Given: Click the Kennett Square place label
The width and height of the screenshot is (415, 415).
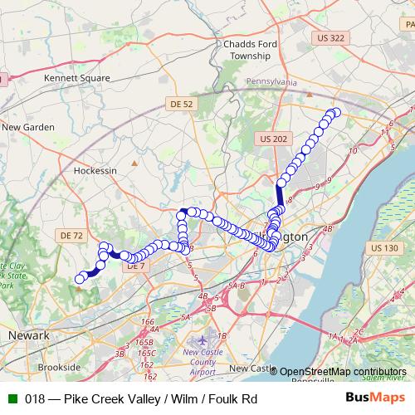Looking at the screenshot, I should click(78, 76).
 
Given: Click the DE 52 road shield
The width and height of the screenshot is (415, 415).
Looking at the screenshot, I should click(180, 104).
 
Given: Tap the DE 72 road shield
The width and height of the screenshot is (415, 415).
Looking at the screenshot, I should click(72, 236).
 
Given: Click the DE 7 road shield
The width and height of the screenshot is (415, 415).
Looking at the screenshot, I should click(135, 266).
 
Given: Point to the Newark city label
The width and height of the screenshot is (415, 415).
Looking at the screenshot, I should click(28, 334).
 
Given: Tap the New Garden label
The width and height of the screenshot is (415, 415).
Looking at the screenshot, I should click(27, 127).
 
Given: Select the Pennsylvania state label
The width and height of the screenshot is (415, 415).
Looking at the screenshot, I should click(271, 83).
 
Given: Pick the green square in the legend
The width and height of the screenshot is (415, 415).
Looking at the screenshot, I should click(10, 399).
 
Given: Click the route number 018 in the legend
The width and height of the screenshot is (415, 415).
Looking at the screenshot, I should click(35, 399).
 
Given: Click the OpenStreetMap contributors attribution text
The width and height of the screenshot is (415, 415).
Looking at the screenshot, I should click(342, 371).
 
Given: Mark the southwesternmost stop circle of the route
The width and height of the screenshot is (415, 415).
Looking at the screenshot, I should click(80, 279).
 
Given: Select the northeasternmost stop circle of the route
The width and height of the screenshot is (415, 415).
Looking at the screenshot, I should click(336, 112).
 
